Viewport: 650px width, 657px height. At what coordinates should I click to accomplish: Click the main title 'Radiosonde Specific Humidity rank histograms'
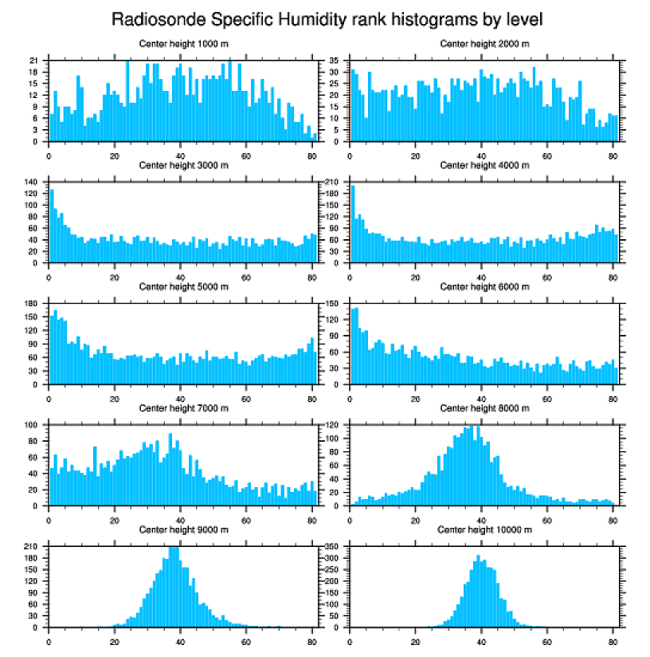click(326, 18)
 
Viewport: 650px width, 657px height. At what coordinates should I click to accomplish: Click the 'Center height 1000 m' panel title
click(183, 43)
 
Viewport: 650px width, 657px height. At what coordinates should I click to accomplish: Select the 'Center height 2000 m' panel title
click(484, 43)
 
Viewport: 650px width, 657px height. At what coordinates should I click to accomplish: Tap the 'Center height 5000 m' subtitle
click(183, 286)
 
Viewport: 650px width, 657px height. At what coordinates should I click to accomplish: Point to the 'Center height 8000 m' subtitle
click(484, 408)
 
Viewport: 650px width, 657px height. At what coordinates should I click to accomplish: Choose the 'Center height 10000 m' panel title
click(484, 529)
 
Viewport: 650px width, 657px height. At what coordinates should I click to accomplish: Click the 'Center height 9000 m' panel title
click(183, 529)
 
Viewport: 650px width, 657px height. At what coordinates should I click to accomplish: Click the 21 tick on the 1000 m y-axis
click(34, 60)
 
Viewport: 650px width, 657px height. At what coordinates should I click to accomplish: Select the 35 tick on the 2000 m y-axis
click(335, 60)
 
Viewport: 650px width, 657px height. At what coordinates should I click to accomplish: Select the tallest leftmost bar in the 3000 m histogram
click(52, 226)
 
